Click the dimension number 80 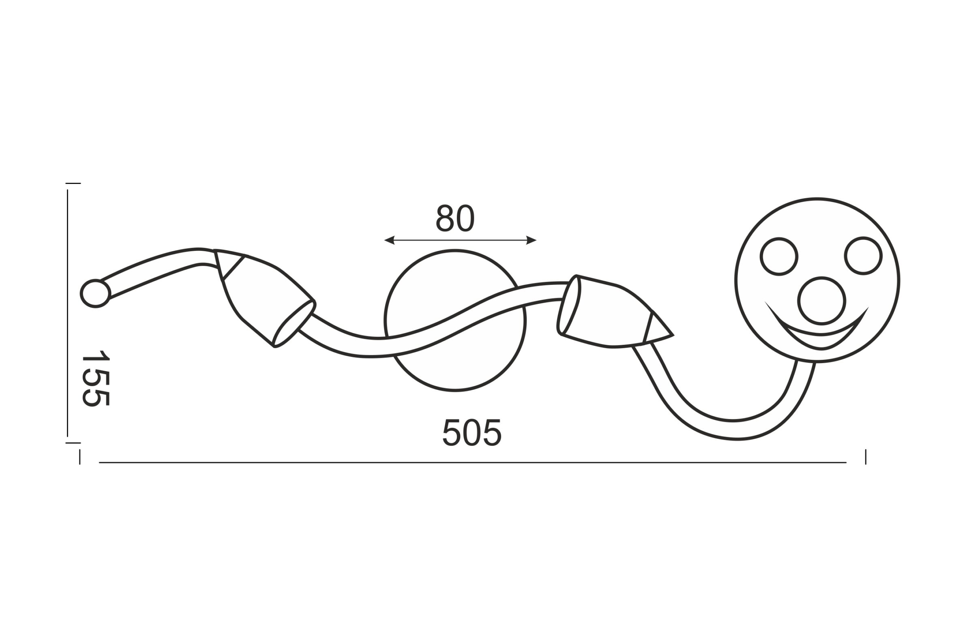point(455,218)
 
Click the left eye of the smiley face point(779,256)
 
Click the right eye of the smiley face point(863,256)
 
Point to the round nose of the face point(821,301)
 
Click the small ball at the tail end point(95,293)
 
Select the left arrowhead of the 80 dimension point(389,240)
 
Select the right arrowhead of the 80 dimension point(531,240)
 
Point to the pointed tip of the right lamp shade point(671,335)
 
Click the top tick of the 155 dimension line point(73,184)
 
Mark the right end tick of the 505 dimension point(866,457)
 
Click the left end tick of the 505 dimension point(80,457)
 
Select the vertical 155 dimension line point(67,312)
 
